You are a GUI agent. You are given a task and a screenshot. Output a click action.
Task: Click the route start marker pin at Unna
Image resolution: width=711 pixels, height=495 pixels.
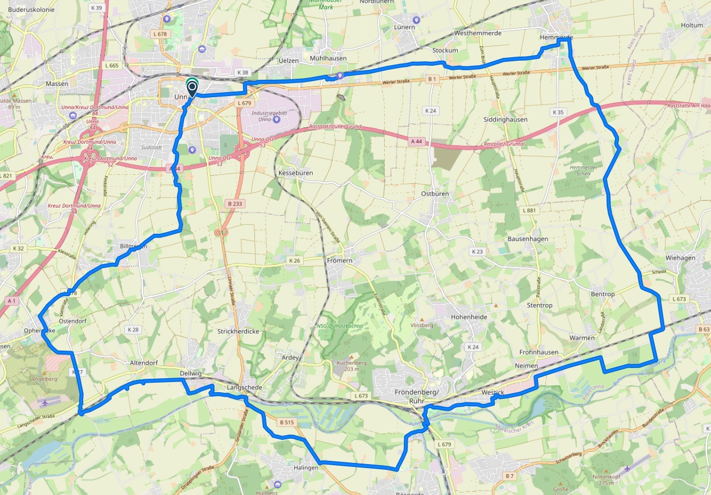pos(192,88)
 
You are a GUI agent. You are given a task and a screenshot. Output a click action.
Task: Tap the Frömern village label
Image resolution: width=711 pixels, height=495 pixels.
pos(339,261)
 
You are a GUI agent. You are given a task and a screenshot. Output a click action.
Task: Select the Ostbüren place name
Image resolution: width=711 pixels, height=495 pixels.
pos(435,193)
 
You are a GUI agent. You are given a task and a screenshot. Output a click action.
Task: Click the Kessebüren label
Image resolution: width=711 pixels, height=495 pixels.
pos(295,173)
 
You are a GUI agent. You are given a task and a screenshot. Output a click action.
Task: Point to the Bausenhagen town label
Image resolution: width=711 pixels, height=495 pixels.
pos(527,239)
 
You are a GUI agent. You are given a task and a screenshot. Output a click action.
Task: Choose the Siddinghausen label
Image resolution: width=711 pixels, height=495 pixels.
pos(505,120)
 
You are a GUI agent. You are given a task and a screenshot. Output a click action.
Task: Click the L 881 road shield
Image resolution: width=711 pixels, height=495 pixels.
pos(530,210)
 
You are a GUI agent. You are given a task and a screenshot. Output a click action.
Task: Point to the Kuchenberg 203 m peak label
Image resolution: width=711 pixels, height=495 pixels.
pos(352,366)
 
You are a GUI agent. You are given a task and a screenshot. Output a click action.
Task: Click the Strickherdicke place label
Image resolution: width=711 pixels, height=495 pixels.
pos(238,331)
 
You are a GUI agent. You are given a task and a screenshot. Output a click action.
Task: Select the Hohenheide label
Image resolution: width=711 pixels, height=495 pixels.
pos(469,317)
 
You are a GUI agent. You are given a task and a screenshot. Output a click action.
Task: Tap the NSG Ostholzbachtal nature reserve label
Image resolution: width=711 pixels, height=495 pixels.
pos(340,325)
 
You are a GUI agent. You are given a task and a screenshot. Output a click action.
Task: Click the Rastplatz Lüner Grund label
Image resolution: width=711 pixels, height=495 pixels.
pos(335,127)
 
